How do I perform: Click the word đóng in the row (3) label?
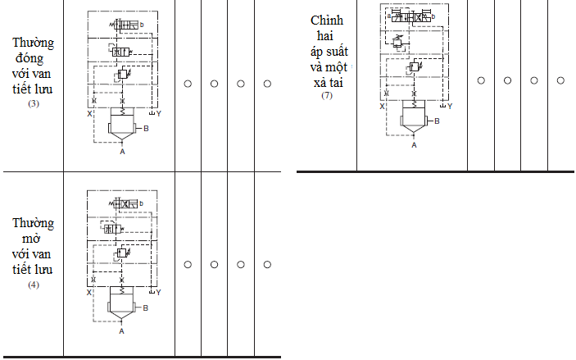34,58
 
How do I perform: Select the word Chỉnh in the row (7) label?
327,20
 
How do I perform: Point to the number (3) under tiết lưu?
34,103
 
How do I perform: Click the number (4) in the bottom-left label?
34,285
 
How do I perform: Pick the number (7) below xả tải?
327,96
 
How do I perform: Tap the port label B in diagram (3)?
146,129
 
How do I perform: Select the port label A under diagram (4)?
121,331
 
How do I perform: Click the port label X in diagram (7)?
381,107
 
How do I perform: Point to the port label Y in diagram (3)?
158,113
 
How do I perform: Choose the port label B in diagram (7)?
438,121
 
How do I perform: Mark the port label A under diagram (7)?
414,144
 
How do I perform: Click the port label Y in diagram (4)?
158,293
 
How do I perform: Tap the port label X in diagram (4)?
88,293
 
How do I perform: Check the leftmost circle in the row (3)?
188,84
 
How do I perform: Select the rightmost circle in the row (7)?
560,80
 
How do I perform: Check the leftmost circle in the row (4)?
188,264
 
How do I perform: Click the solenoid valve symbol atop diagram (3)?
125,28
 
